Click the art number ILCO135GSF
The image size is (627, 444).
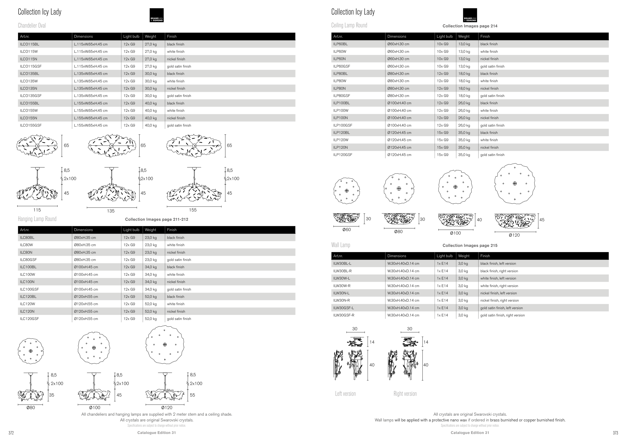click(x=31, y=96)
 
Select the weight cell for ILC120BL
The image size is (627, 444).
click(x=151, y=297)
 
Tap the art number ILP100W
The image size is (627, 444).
click(x=341, y=110)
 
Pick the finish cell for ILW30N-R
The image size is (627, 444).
click(x=500, y=300)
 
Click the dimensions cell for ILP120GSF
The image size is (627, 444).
click(x=399, y=155)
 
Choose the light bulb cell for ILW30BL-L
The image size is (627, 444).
click(x=442, y=263)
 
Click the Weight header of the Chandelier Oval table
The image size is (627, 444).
click(x=150, y=36)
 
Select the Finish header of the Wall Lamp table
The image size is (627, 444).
click(x=485, y=256)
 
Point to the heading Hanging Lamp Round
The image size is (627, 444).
click(x=37, y=219)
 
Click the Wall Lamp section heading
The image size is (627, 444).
click(x=341, y=245)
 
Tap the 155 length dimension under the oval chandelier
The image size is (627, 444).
click(x=193, y=210)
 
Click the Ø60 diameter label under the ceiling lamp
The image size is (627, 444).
click(x=347, y=230)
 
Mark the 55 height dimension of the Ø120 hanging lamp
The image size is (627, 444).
click(x=193, y=395)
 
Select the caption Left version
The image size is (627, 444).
click(x=345, y=394)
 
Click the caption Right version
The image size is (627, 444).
click(x=405, y=394)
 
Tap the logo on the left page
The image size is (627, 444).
click(x=157, y=15)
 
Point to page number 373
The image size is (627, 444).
click(x=615, y=433)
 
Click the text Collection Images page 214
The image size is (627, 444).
click(x=470, y=26)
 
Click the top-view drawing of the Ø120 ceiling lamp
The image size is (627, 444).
click(x=515, y=184)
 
